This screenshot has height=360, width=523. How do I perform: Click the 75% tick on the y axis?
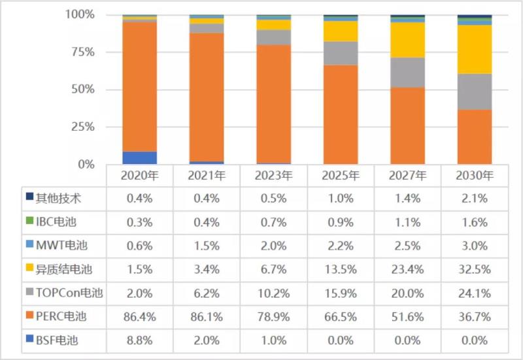84,52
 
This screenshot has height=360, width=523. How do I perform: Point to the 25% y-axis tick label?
84,127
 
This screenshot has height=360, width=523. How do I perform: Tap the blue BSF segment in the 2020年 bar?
139,157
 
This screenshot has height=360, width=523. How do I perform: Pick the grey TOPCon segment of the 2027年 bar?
407,73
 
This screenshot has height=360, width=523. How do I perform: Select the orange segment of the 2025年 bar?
340,114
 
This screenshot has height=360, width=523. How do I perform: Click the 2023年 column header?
273,176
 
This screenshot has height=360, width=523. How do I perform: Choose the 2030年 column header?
474,176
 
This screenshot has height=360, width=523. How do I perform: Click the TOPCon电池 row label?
65,293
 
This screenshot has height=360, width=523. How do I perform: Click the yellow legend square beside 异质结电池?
29,269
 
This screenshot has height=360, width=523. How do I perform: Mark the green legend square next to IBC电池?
29,221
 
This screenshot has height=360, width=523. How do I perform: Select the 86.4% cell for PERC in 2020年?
139,317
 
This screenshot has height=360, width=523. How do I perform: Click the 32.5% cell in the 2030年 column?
474,269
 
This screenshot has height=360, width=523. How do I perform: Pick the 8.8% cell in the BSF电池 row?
139,340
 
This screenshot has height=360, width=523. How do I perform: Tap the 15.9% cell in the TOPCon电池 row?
340,293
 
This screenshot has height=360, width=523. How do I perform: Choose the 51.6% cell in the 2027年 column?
407,317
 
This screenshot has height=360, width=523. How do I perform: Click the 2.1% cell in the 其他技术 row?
474,197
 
